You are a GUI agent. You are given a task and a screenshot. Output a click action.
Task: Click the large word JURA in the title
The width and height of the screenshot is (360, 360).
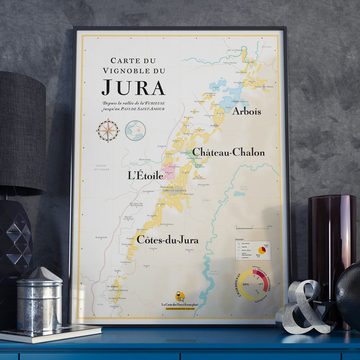133,87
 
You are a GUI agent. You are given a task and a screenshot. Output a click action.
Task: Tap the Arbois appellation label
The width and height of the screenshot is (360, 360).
246,111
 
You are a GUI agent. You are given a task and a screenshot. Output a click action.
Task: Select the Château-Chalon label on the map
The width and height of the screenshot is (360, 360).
229,153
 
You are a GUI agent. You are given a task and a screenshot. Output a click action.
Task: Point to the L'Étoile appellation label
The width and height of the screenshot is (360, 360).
145,175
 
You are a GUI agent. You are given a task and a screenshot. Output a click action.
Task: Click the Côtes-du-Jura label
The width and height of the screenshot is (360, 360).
167,239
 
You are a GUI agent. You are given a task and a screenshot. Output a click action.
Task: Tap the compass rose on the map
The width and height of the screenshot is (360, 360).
108,131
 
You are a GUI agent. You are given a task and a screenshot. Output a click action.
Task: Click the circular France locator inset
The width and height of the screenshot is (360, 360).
135,130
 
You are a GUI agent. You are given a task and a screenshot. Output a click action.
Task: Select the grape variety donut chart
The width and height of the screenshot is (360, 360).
252,284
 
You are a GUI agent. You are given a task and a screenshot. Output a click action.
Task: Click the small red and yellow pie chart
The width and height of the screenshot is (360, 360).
262,250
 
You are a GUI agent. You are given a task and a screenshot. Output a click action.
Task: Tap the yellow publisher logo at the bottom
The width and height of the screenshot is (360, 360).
180,297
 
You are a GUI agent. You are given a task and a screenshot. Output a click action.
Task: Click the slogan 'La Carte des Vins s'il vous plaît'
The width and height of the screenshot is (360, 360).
179,305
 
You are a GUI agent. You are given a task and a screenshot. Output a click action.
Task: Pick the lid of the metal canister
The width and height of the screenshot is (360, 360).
40,275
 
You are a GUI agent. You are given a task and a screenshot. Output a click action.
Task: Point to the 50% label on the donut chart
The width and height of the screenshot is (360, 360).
245,285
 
